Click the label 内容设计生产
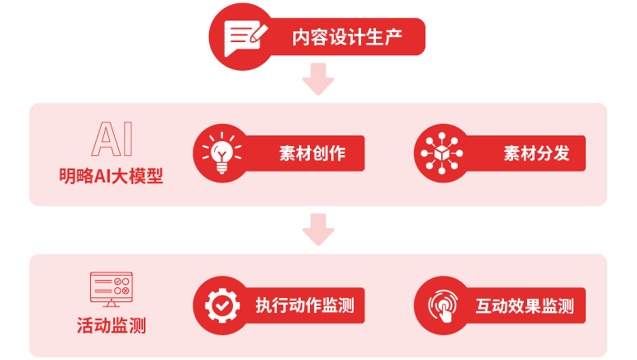pos(347,37)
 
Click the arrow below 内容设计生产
pos(318,78)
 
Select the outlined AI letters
pos(112,140)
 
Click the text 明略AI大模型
pos(111,176)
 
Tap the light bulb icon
pos(221,153)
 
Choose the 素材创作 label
pos(312,154)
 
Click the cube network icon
pos(442,154)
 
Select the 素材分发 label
pos(537,154)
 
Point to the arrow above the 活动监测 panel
pos(318,230)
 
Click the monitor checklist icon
pos(112,289)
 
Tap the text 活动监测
pos(112,325)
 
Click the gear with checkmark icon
pos(221,306)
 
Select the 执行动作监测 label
pos(305,306)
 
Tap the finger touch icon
pos(443,306)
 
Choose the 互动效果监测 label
pos(525,306)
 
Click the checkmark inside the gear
pos(221,305)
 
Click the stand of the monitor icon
pos(112,304)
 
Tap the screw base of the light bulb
pos(221,168)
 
